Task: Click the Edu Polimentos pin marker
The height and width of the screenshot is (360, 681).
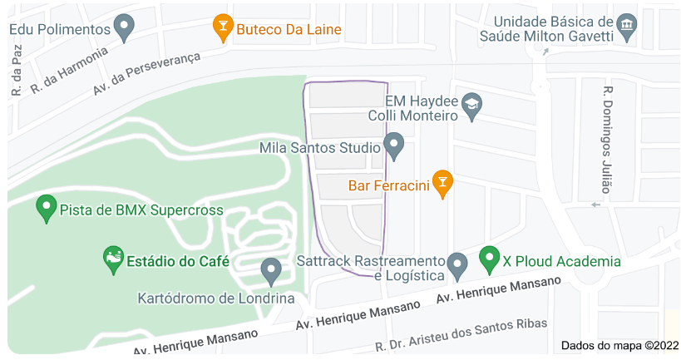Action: [x=124, y=27]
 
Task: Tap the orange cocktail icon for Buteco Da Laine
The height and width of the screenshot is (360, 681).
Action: [x=222, y=27]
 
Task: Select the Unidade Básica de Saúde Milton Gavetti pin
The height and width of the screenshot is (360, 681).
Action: [x=627, y=27]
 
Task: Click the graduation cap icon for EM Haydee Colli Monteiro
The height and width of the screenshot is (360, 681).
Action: [x=472, y=105]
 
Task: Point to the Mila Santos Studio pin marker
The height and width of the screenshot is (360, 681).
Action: [x=394, y=147]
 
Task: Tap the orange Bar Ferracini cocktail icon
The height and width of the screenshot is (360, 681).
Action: [x=443, y=184]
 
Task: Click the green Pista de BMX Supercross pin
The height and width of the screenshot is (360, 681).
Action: [x=47, y=208]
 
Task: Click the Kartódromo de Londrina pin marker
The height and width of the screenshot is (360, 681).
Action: [x=270, y=270]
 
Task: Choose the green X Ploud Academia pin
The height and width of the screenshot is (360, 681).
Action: [x=490, y=259]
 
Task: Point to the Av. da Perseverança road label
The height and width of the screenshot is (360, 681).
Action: [x=148, y=72]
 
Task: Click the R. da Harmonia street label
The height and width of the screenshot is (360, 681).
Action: [x=70, y=69]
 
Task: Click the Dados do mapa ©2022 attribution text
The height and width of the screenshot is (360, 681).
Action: [x=619, y=345]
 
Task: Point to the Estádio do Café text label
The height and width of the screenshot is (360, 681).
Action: [x=178, y=261]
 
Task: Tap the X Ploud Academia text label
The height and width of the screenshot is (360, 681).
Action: [x=561, y=261]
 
